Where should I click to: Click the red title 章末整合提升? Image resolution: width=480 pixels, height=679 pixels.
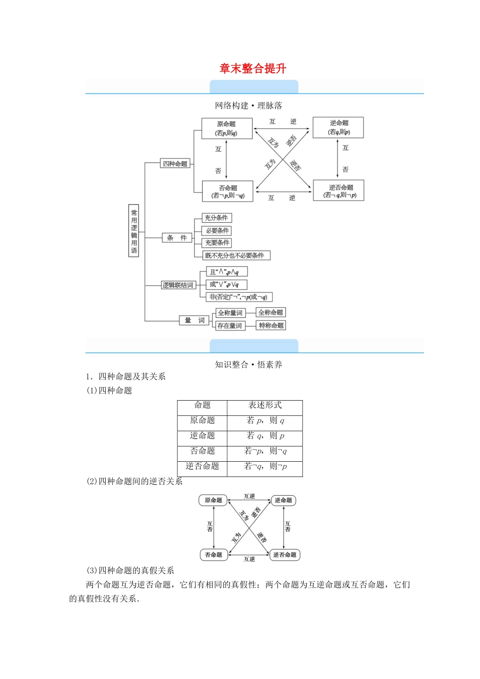[x=253, y=69]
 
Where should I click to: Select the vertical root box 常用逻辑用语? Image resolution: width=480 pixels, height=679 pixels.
[x=134, y=231]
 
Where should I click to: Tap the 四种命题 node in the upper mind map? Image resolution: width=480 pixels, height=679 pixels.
[x=175, y=164]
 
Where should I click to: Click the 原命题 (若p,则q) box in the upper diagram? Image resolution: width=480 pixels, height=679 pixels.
[x=226, y=129]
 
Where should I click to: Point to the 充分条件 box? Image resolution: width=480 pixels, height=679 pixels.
[x=216, y=218]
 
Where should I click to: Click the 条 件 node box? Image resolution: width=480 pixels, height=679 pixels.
[x=177, y=237]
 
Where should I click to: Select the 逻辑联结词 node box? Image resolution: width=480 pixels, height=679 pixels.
[x=178, y=285]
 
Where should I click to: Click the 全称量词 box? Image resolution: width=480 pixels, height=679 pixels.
[x=230, y=313]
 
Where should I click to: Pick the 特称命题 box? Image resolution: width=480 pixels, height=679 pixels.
[x=271, y=325]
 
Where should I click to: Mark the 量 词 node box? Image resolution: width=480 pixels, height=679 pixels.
[x=195, y=320]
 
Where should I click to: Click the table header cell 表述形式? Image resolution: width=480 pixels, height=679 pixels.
[x=265, y=405]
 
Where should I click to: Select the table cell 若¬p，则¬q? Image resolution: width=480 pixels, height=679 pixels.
[x=265, y=451]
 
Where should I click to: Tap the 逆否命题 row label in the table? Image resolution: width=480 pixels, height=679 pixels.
[x=202, y=466]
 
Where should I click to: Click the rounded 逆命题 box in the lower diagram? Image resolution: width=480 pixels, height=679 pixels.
[x=283, y=500]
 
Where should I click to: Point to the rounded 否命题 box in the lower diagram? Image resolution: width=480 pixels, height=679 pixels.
[x=214, y=555]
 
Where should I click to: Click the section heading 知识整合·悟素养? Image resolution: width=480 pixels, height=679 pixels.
[x=249, y=365]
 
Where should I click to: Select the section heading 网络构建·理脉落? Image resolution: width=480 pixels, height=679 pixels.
[x=249, y=106]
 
